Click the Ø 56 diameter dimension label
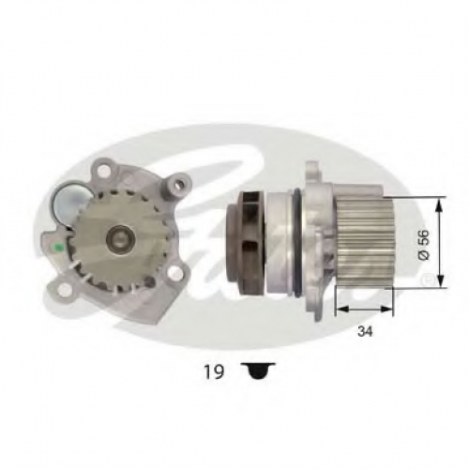click(425, 245)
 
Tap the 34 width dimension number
click(365, 331)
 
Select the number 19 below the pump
click(214, 371)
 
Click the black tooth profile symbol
click(258, 371)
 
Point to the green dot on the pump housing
click(58, 249)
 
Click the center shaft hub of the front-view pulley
click(120, 240)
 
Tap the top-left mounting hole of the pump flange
click(103, 171)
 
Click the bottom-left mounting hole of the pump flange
click(64, 289)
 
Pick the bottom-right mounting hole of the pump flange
click(173, 273)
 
